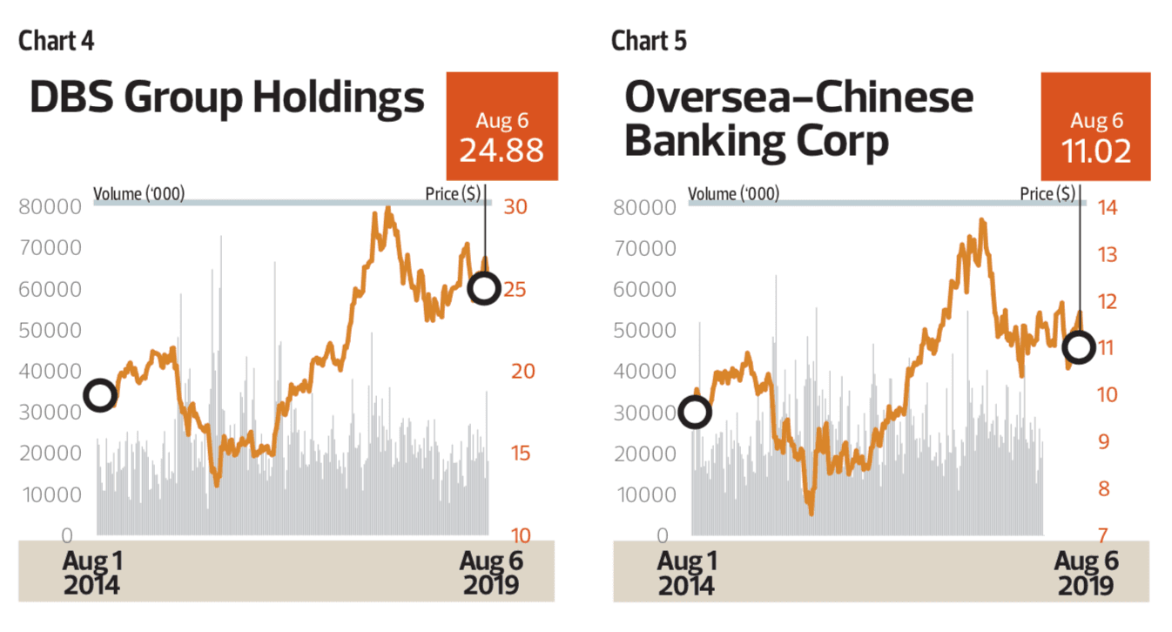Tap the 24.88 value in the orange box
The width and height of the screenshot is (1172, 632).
[501, 150]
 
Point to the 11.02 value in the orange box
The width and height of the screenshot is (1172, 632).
[1095, 151]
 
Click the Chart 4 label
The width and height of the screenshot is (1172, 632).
[56, 40]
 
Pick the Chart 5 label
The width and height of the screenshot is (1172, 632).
[649, 40]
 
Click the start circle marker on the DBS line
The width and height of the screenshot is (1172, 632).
[100, 395]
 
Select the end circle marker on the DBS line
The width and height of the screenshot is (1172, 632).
[483, 287]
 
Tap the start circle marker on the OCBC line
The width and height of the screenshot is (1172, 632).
[694, 412]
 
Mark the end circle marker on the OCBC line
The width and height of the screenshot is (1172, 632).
[1079, 346]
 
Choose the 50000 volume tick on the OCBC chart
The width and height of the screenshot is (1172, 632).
[644, 331]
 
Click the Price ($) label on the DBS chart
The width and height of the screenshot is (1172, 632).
[452, 193]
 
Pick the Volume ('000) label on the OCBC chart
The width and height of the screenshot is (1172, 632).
[733, 193]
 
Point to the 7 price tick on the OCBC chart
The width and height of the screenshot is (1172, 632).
[1101, 535]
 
